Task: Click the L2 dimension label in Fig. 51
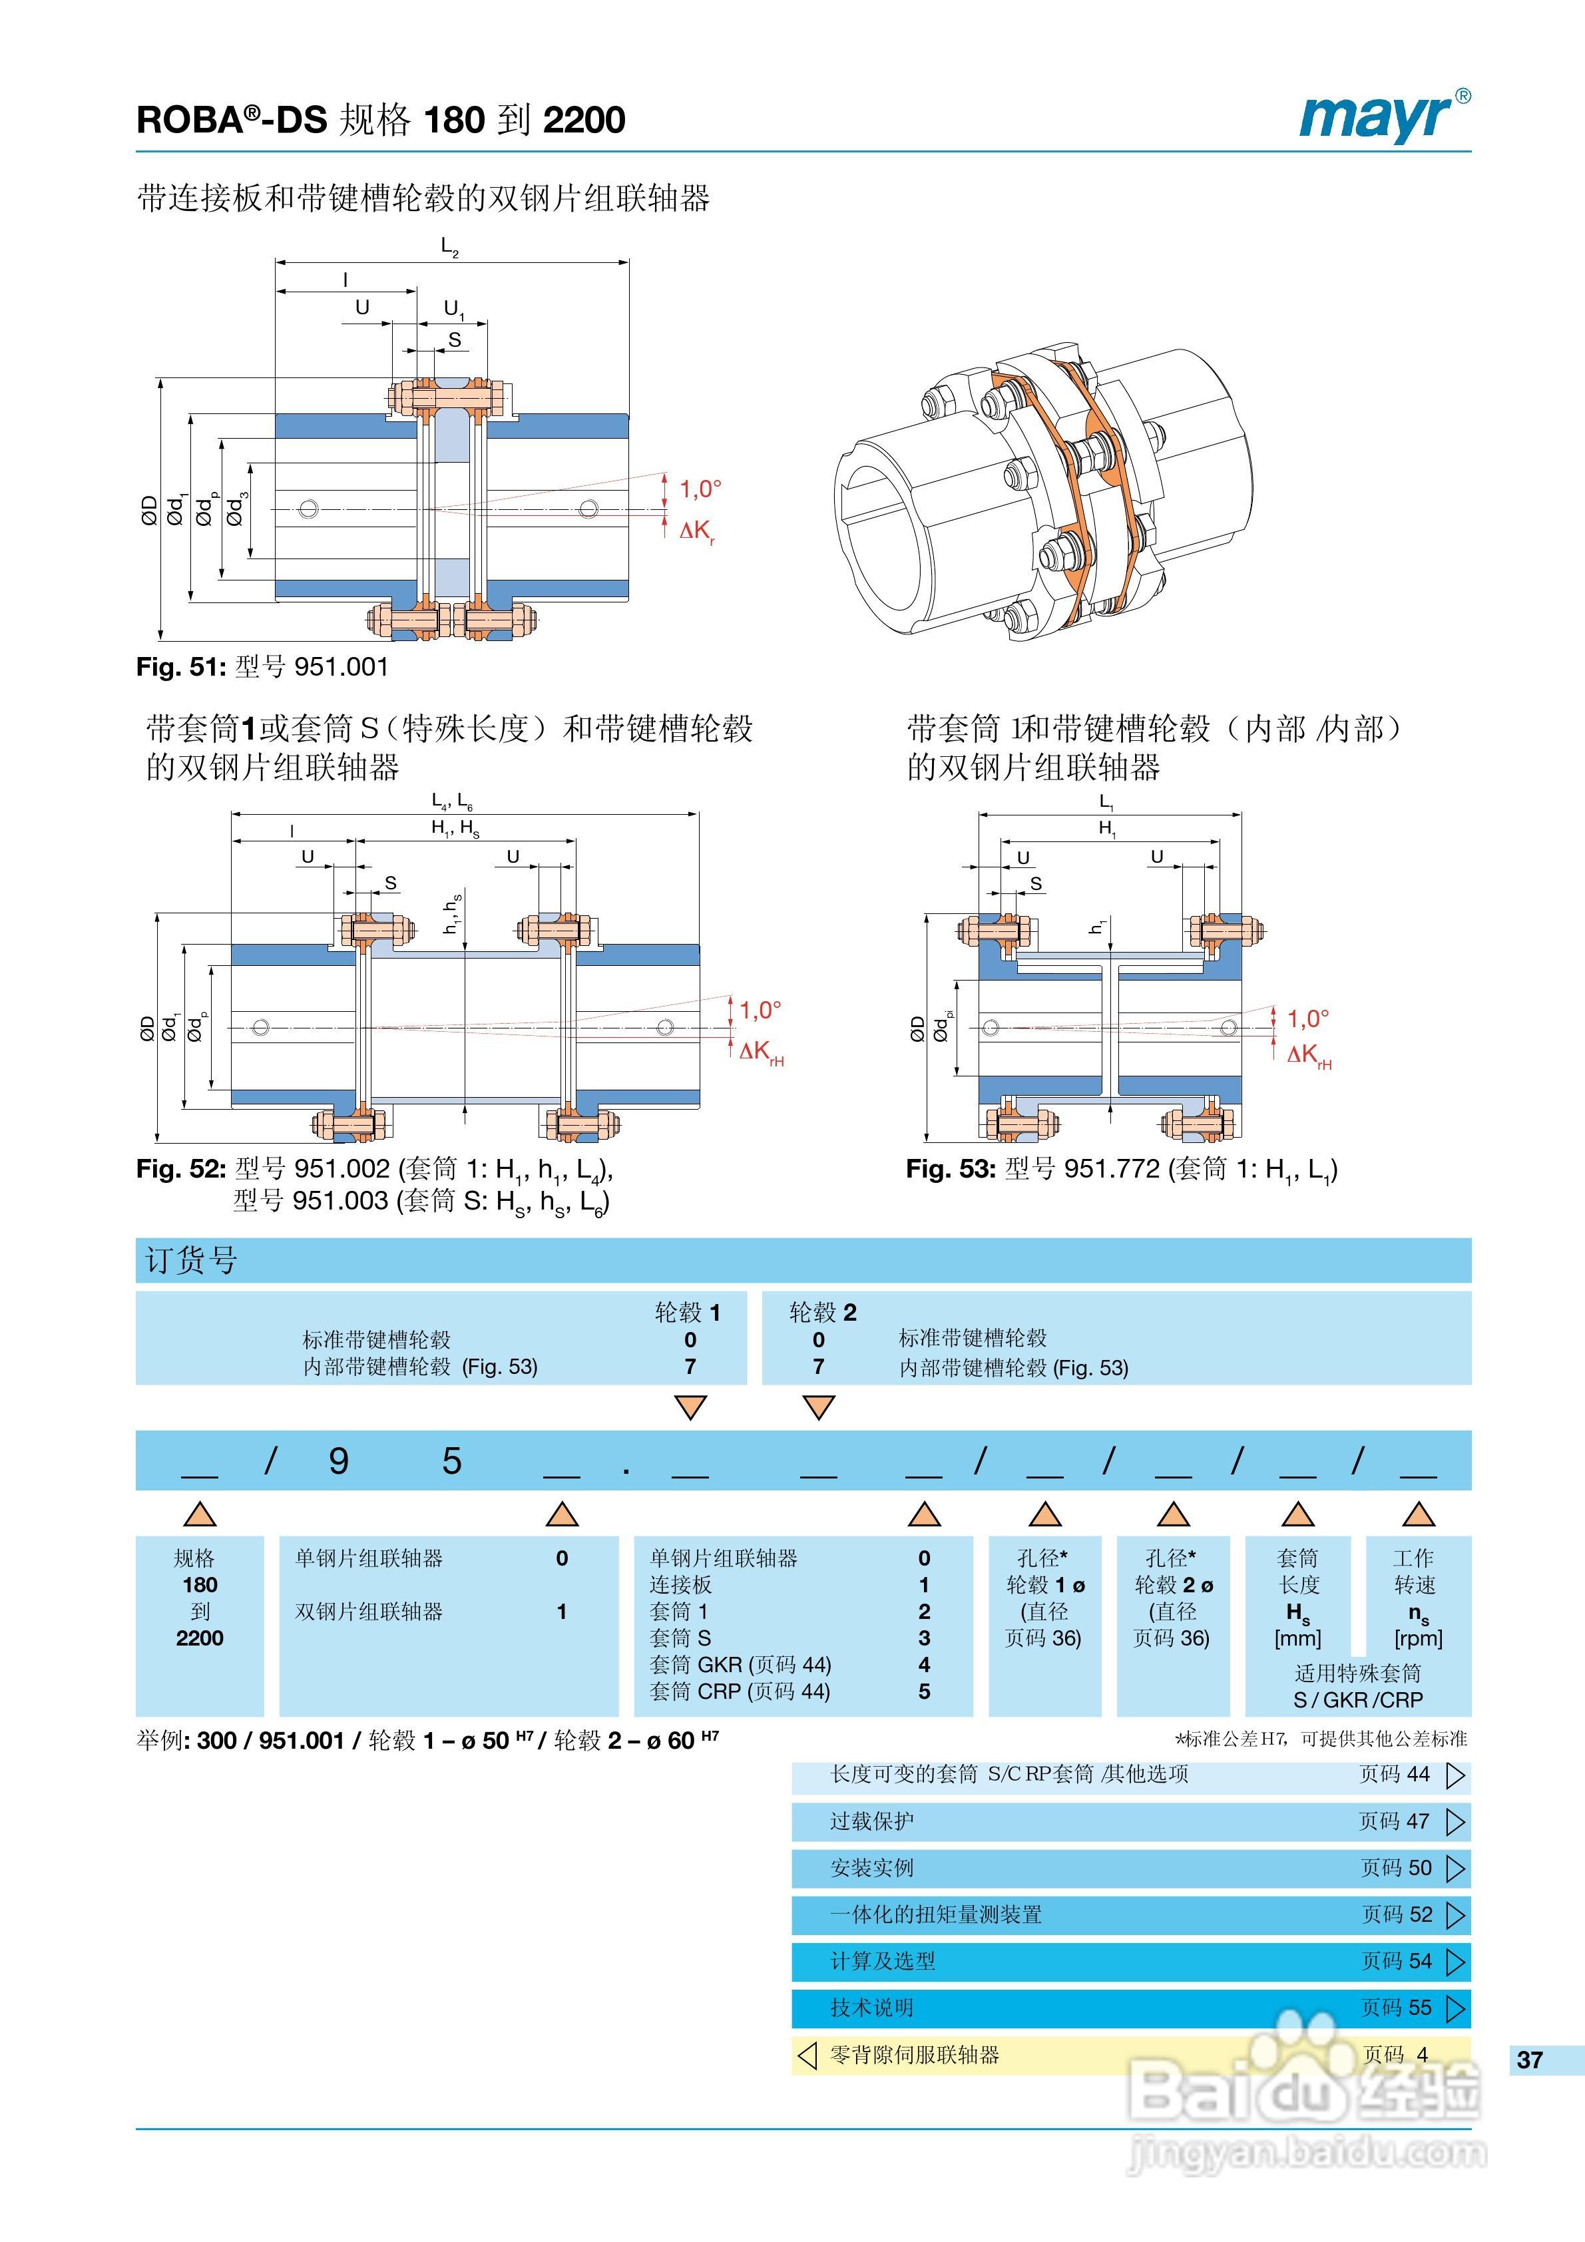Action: click(x=449, y=247)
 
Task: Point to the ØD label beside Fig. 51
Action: click(x=149, y=510)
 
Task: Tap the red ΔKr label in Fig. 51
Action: click(x=697, y=531)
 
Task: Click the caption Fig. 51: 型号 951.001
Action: click(x=262, y=667)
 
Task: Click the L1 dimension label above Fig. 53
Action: click(x=1106, y=801)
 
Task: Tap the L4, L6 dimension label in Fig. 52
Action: click(x=452, y=801)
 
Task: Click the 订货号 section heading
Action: click(x=192, y=1259)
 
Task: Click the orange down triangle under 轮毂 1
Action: click(x=690, y=1407)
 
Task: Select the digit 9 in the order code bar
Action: click(x=338, y=1460)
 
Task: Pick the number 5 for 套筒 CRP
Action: click(x=924, y=1691)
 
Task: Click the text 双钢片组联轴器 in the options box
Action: click(x=369, y=1611)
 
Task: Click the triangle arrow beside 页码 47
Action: click(x=1455, y=1821)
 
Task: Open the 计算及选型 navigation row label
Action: click(x=883, y=1961)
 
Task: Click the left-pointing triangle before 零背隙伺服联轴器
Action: click(x=807, y=2054)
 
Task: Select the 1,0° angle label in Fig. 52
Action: click(x=760, y=1010)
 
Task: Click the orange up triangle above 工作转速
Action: click(x=1418, y=1514)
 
